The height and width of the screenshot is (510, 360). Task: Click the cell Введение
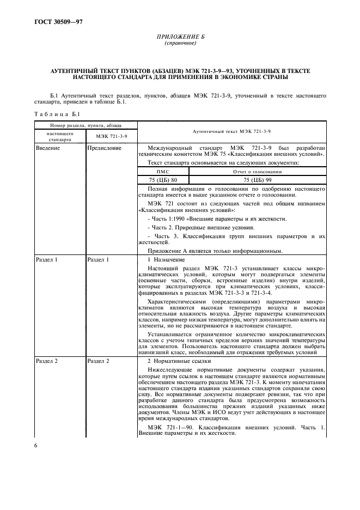[x=48, y=148]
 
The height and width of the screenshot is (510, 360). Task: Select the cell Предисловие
[x=104, y=148]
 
